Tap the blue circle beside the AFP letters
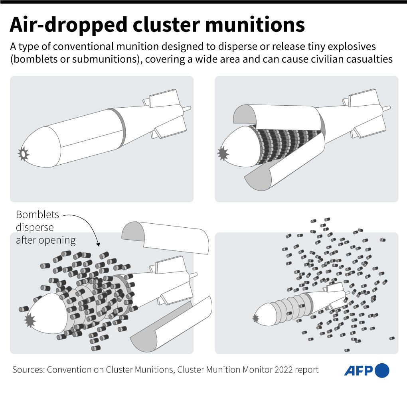pos(382,370)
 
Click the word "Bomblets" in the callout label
pos(37,215)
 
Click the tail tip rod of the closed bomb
pos(187,108)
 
